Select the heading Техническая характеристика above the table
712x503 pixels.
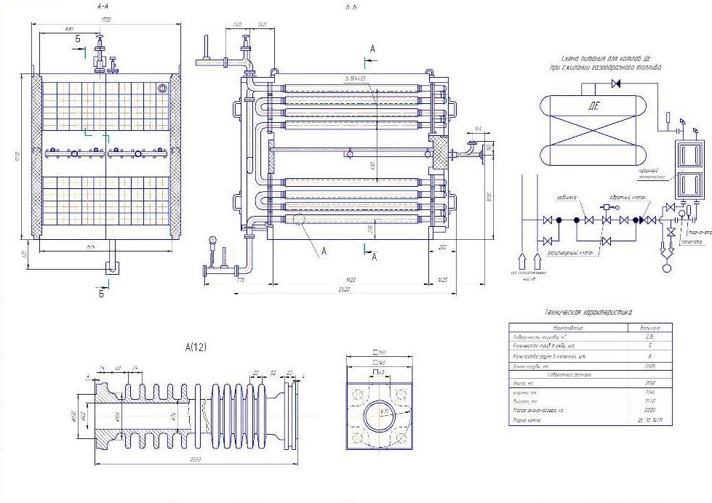tap(588, 312)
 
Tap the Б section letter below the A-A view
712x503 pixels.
tap(102, 294)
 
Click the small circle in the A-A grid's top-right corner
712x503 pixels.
tap(163, 87)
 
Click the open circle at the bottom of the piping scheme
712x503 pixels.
tap(666, 267)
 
